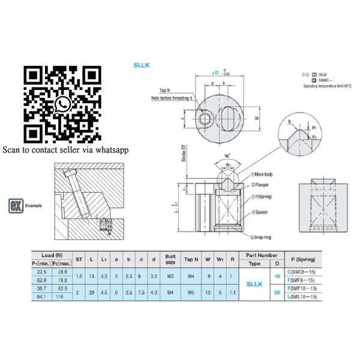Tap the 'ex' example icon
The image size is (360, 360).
pyautogui.click(x=17, y=205)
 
